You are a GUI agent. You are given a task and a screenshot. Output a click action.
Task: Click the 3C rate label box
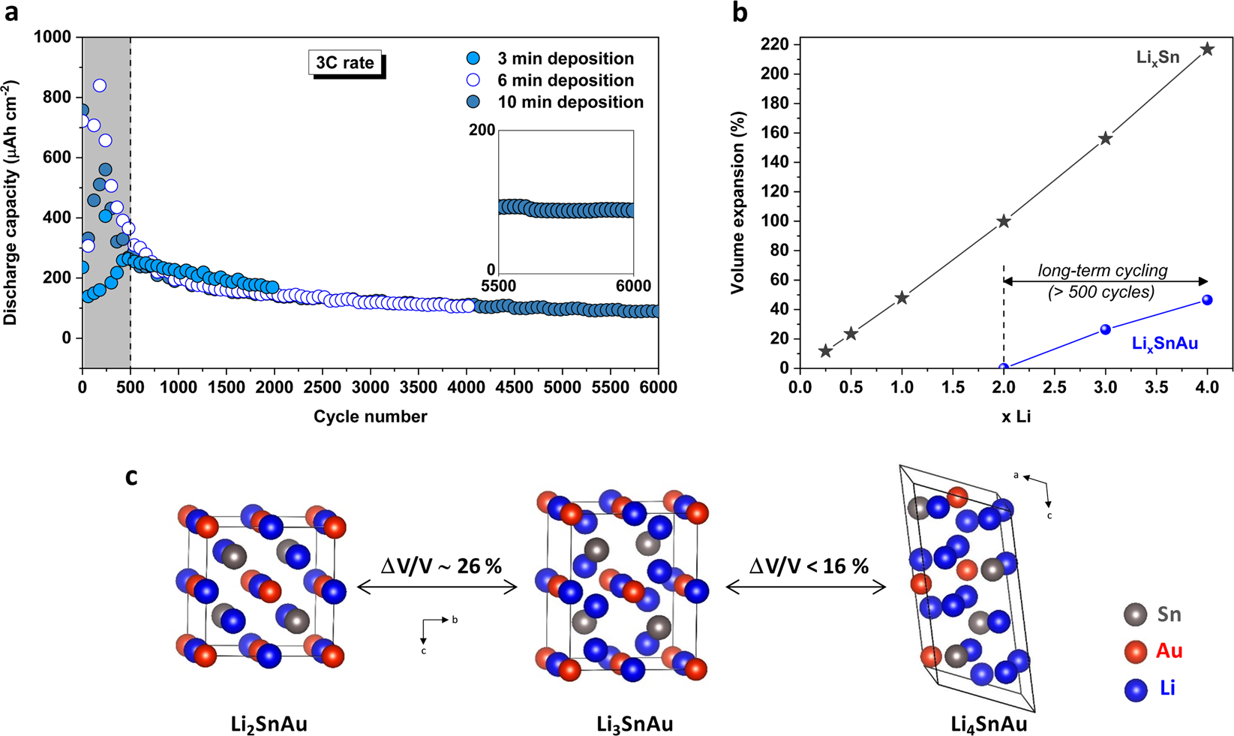(345, 63)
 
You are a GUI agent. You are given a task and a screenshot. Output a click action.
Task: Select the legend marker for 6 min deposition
(473, 80)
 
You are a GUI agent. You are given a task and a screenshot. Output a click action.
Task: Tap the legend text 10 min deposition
(570, 102)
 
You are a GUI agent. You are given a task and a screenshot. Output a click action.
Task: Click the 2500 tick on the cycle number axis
(323, 387)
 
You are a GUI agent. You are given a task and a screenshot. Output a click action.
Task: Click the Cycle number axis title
(370, 416)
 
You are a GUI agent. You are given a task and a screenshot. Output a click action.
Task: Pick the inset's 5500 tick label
(498, 286)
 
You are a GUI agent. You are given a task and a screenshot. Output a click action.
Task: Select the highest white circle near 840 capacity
(99, 86)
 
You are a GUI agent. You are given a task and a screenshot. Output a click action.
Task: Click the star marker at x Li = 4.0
(1207, 50)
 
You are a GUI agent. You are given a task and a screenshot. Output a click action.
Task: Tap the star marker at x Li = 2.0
(1004, 221)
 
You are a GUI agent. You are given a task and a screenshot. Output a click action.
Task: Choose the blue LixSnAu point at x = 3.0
(1105, 329)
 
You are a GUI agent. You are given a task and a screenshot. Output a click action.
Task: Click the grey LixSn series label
(1157, 58)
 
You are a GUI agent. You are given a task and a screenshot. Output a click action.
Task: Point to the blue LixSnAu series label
(1164, 344)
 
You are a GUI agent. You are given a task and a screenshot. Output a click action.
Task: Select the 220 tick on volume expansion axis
(779, 45)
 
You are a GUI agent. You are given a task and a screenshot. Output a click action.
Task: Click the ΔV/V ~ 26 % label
(441, 566)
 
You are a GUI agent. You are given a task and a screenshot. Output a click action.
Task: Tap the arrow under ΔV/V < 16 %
(806, 587)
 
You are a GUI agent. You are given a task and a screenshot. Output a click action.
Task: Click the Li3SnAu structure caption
(635, 725)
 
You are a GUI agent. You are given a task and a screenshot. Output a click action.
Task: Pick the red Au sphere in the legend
(1136, 651)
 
